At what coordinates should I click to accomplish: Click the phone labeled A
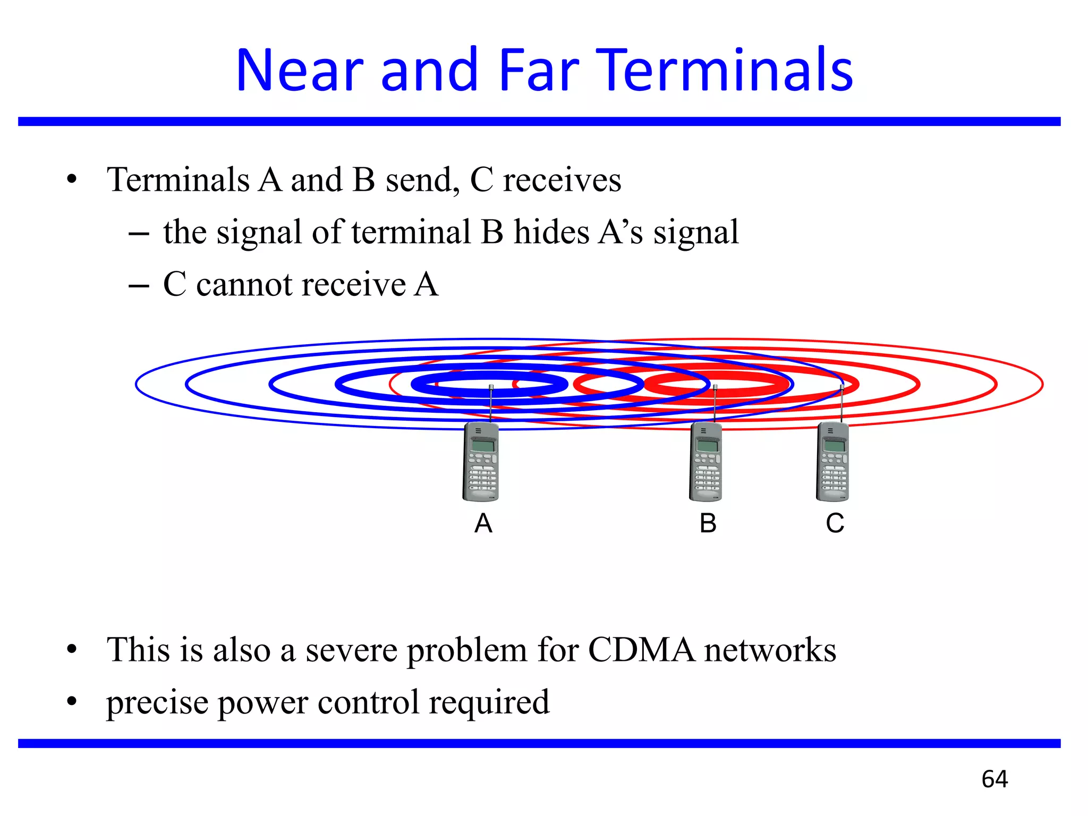coord(481,461)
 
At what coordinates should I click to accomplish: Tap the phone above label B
coord(706,461)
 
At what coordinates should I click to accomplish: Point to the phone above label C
coord(832,461)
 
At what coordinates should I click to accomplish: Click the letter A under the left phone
coord(483,524)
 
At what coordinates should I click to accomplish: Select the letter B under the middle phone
coord(708,524)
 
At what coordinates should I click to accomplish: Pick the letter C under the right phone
coord(835,524)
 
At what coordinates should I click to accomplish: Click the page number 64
coord(994,779)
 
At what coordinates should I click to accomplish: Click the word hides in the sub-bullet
coord(551,232)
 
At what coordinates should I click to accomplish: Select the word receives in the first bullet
coord(562,180)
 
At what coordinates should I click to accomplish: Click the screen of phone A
coord(483,445)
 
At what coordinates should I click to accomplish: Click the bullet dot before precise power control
coord(72,702)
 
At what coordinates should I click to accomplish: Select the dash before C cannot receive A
coord(139,286)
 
